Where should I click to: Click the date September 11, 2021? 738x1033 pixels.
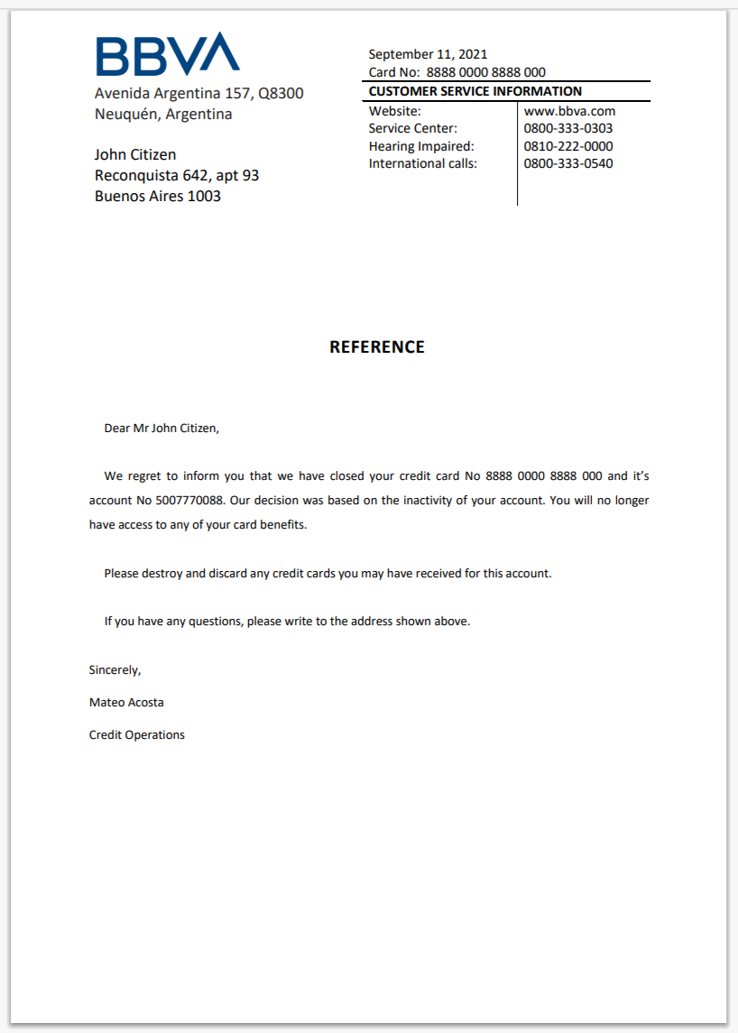click(428, 54)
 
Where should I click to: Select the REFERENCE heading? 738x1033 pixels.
click(377, 347)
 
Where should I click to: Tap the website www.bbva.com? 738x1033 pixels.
click(569, 111)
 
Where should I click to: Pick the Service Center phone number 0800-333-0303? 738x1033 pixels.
click(568, 128)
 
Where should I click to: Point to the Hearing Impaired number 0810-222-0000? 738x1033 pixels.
click(568, 146)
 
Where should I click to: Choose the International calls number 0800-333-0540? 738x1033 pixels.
click(568, 163)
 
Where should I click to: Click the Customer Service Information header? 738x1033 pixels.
click(475, 91)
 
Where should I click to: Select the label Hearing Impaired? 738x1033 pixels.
click(421, 146)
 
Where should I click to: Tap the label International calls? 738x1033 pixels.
click(423, 163)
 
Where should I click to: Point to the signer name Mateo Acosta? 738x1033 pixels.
click(126, 702)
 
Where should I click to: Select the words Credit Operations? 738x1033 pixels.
click(137, 735)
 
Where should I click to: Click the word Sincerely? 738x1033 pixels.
click(115, 670)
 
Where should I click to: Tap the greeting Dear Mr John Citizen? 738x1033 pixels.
click(161, 428)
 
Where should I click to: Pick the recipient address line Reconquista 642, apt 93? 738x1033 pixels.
click(177, 175)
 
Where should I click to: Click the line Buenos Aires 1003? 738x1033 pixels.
click(158, 196)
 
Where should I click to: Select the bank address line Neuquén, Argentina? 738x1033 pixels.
click(163, 115)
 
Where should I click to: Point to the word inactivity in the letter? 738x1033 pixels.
click(410, 500)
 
